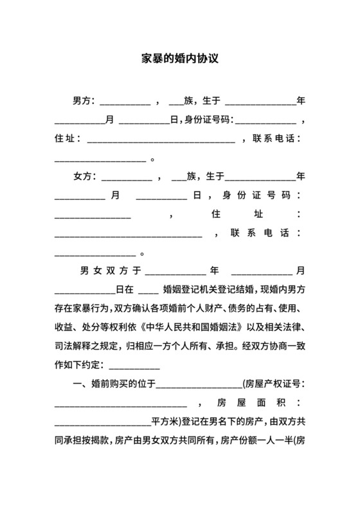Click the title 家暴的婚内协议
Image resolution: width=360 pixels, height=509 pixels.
[180, 58]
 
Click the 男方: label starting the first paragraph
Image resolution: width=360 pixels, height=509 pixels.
[84, 101]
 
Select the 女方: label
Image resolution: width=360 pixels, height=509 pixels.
[84, 176]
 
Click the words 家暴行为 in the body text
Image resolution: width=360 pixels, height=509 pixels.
[90, 308]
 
